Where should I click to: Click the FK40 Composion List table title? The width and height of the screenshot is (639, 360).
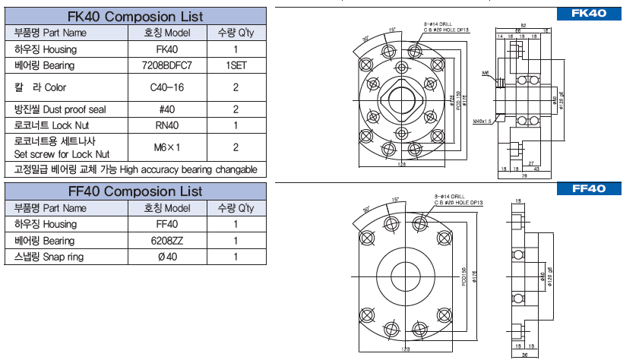click(135, 15)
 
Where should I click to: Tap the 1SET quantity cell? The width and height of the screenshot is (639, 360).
click(236, 66)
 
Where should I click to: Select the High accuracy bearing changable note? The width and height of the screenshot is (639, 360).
click(135, 169)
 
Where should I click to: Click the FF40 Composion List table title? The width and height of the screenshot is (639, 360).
click(135, 191)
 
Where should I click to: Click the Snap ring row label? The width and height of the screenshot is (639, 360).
click(49, 257)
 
